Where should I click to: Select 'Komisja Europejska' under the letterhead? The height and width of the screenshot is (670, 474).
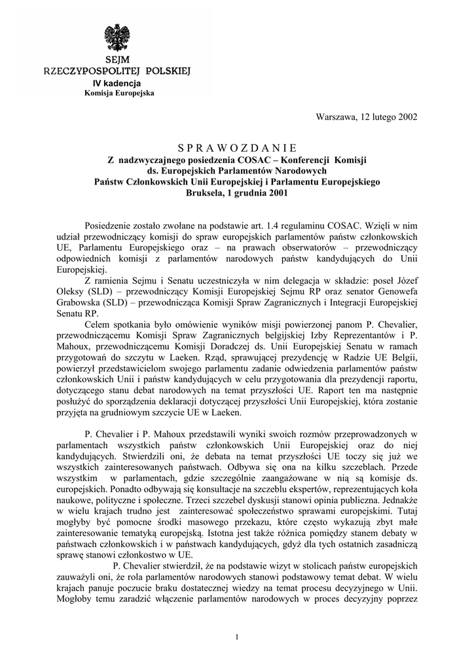click(x=119, y=94)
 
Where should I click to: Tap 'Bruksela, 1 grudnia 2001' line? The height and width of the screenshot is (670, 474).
click(x=236, y=193)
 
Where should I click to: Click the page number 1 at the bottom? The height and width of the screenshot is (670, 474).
click(x=236, y=637)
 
